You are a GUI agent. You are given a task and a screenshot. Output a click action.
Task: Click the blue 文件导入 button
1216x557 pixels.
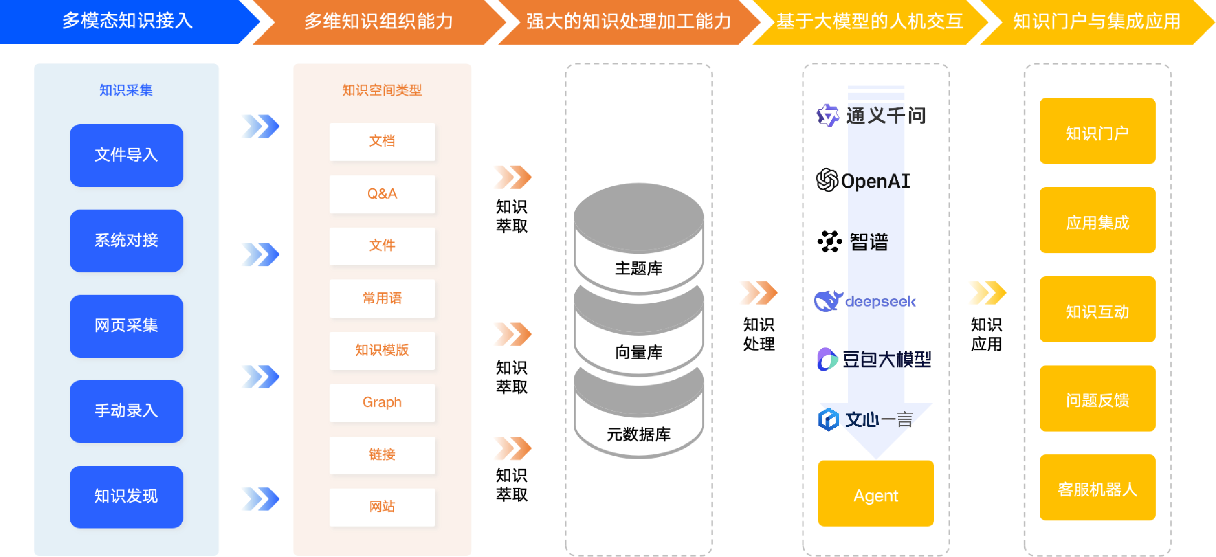click(x=126, y=155)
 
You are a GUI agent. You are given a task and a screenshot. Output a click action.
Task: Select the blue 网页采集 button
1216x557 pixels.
click(x=126, y=326)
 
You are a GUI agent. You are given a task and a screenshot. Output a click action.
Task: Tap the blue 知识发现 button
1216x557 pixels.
click(x=126, y=497)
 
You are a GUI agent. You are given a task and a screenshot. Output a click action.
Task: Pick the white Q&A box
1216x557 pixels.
click(x=382, y=194)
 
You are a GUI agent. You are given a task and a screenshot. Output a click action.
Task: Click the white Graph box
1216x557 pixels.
click(x=382, y=403)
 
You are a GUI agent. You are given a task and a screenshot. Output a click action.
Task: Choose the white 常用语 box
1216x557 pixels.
click(x=382, y=298)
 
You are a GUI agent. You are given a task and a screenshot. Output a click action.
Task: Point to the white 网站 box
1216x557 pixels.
click(x=382, y=507)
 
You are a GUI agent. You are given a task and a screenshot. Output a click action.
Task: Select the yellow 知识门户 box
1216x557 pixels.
click(x=1097, y=131)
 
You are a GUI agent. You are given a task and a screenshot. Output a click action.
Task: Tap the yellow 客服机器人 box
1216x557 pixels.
click(x=1097, y=488)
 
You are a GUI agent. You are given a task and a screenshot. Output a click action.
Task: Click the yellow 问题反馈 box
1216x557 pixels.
click(x=1097, y=399)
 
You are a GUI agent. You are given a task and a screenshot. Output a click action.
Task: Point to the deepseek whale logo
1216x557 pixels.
click(x=828, y=301)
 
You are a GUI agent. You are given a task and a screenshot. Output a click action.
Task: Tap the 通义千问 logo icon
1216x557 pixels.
click(x=828, y=115)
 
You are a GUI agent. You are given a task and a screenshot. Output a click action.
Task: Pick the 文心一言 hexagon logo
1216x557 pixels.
click(x=828, y=420)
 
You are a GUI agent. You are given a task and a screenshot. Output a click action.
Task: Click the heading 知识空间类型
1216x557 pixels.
click(x=382, y=90)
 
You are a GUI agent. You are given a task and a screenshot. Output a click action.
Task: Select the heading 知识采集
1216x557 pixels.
click(x=126, y=90)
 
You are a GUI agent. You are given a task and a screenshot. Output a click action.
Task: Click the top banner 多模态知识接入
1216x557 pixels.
click(x=127, y=21)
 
